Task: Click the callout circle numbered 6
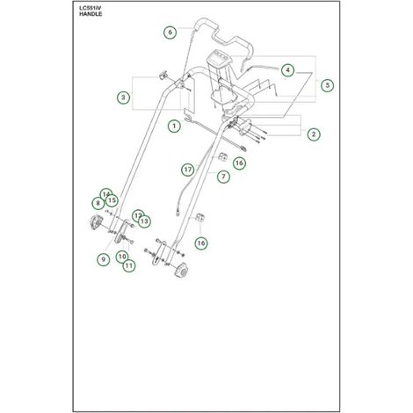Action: tap(170, 32)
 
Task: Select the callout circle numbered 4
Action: tap(288, 70)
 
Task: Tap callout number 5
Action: tap(327, 85)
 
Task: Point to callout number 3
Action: tap(123, 98)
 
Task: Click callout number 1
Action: tap(174, 126)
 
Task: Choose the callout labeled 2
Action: tap(314, 134)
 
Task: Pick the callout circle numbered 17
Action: tap(188, 170)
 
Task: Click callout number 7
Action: tap(223, 177)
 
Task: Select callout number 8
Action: tap(98, 203)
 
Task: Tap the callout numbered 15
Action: tap(112, 200)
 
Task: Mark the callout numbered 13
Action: tap(144, 221)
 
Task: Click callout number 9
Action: tap(104, 259)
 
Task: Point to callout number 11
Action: tap(129, 265)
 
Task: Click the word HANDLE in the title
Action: tap(91, 14)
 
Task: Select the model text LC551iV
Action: tap(90, 8)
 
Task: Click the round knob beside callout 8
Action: tap(96, 222)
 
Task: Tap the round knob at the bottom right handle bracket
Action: tap(181, 270)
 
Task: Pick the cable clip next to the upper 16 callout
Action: tap(223, 156)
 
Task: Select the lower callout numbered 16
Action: tap(201, 243)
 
